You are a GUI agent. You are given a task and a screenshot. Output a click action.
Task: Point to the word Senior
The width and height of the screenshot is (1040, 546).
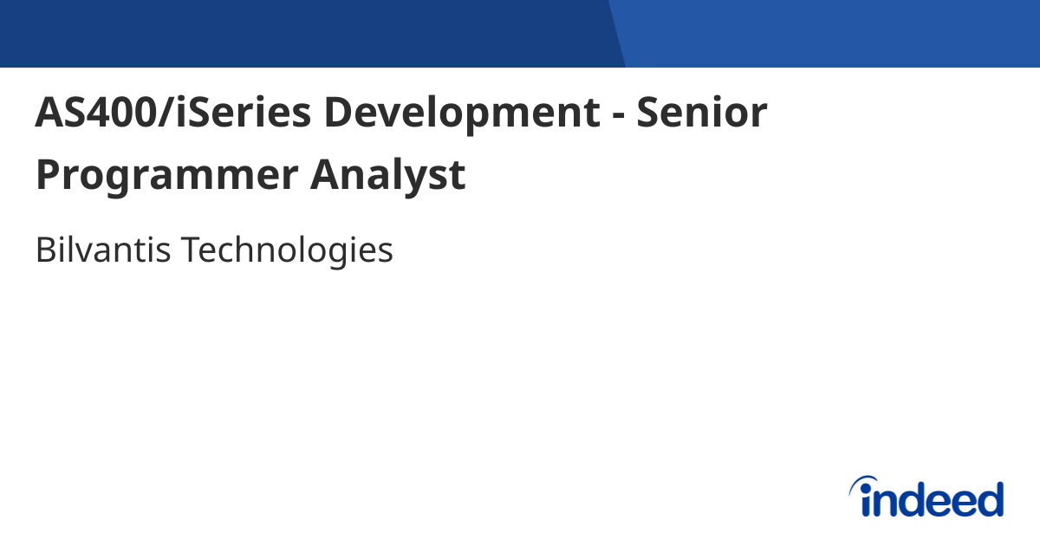click(x=702, y=114)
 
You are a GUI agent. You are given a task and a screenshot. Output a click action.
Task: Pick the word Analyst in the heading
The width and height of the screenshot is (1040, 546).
click(x=387, y=176)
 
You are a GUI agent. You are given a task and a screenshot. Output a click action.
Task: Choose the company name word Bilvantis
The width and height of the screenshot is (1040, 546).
click(x=101, y=250)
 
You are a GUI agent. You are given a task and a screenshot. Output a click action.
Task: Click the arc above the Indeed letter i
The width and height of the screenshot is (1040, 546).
click(x=866, y=482)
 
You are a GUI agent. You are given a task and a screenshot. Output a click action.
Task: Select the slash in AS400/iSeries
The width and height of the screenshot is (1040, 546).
click(x=169, y=114)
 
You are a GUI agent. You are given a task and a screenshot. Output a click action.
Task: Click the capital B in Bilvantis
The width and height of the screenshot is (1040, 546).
click(x=44, y=250)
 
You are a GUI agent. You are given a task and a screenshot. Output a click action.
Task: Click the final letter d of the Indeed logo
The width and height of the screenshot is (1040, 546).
click(x=990, y=499)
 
